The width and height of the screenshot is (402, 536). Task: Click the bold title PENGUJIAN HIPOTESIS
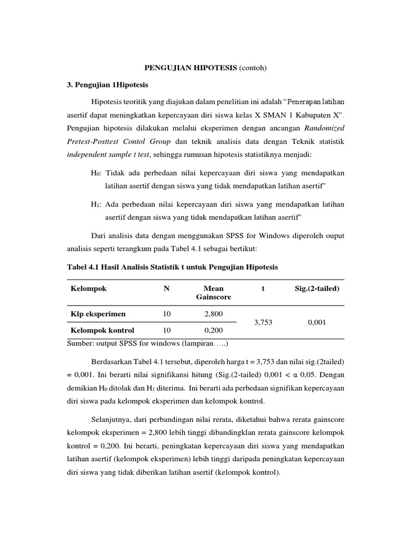click(190, 68)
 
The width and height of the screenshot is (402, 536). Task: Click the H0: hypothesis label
click(96, 173)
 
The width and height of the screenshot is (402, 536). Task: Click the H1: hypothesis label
click(96, 204)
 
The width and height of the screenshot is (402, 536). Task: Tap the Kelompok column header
click(88, 288)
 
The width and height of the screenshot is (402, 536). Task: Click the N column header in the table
click(166, 288)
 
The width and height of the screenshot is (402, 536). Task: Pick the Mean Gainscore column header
click(213, 293)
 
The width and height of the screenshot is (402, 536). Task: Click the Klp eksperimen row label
click(98, 314)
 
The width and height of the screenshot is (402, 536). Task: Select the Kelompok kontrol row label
click(102, 330)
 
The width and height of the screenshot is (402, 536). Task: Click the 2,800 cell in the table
click(213, 314)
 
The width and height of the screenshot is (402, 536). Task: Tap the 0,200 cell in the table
click(213, 330)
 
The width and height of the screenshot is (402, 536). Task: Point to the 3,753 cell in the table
click(263, 322)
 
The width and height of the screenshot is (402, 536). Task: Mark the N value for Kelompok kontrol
click(166, 330)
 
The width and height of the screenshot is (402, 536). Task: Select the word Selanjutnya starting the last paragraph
click(115, 419)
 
